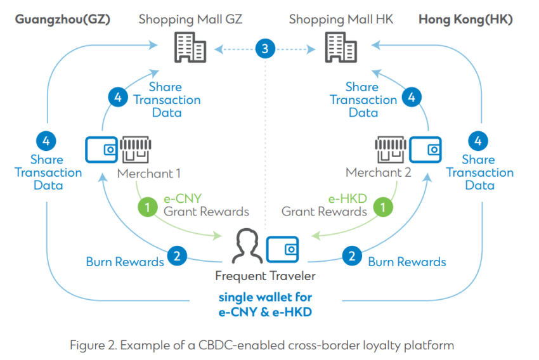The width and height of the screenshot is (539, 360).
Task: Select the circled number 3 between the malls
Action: pos(265,48)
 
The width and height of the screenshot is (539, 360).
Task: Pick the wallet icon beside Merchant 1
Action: pos(101,148)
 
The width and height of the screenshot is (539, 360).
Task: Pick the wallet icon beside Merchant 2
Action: pos(425,148)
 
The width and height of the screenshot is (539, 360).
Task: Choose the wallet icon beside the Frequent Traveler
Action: pos(283,249)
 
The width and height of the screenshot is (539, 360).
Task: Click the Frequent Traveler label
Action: pos(265,276)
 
